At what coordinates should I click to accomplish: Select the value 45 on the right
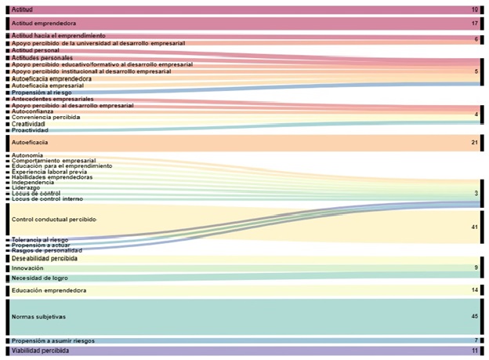(474, 317)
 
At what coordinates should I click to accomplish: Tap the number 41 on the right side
(474, 227)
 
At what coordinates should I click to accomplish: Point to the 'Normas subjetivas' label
(38, 317)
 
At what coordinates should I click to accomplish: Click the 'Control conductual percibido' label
(54, 219)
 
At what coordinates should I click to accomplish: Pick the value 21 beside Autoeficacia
(474, 143)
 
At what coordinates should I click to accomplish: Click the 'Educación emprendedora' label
(49, 290)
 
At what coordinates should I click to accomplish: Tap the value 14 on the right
(474, 290)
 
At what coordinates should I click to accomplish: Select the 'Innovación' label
(27, 268)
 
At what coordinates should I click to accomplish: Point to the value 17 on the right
(474, 24)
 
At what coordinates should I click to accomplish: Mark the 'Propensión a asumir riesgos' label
(54, 340)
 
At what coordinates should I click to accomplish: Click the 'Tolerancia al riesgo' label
(40, 239)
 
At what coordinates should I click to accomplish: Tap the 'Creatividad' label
(28, 124)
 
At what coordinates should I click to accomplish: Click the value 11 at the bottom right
(474, 351)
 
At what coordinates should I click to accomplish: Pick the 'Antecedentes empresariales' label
(53, 99)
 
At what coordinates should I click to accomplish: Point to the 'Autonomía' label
(27, 155)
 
